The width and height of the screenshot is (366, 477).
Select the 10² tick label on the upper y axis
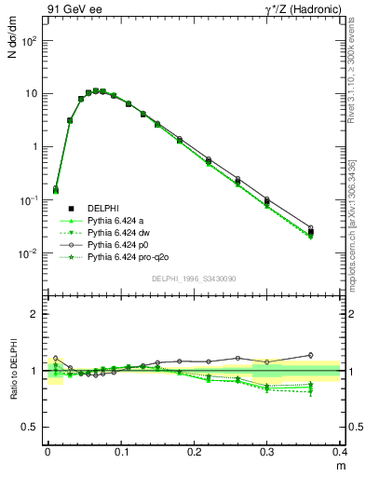pyautogui.click(x=30, y=42)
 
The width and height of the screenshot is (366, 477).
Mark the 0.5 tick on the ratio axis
pyautogui.click(x=30, y=427)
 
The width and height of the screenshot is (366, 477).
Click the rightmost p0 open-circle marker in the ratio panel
pyautogui.click(x=311, y=355)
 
